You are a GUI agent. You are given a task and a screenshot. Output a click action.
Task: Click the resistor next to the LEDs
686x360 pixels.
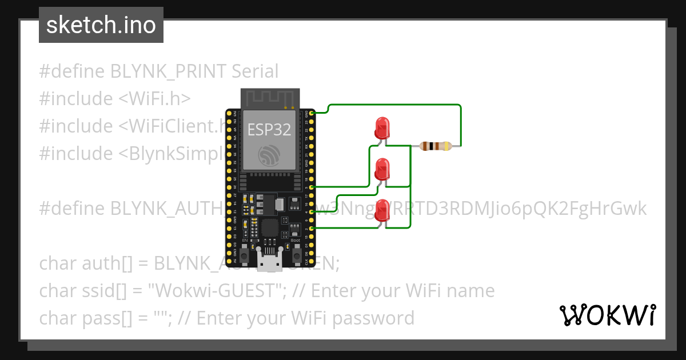436,146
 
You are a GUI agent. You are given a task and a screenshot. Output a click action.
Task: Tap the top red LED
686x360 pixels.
381,127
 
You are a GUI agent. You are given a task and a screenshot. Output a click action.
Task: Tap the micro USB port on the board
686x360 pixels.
269,264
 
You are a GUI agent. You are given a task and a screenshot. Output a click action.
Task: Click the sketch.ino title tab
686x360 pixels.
101,25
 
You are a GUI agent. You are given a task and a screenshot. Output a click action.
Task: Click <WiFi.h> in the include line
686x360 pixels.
154,99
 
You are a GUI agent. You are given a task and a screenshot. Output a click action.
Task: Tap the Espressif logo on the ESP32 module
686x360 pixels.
269,155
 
